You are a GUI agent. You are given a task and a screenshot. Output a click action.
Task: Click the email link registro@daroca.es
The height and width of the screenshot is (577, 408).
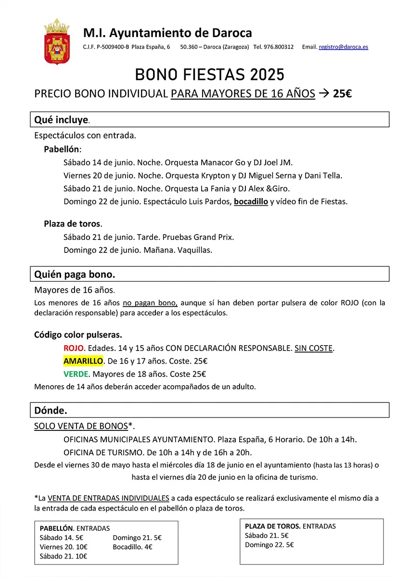click(343, 47)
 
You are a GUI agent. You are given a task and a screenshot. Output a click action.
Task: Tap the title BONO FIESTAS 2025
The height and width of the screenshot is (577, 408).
click(209, 75)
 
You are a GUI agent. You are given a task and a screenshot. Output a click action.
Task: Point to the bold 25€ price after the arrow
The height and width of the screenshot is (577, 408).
click(342, 94)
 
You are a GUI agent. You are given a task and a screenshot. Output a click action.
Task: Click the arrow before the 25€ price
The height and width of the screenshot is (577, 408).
click(324, 94)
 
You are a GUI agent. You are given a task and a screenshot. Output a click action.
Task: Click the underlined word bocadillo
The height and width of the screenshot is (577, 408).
click(251, 201)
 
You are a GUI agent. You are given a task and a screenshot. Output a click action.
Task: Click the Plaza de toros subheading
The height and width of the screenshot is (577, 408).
click(72, 224)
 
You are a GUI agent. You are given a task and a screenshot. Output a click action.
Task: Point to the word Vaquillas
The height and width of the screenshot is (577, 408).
click(195, 250)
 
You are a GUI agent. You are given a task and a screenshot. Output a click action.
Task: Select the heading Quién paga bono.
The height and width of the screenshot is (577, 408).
click(75, 274)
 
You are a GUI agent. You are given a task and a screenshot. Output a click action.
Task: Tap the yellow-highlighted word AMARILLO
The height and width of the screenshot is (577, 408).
click(83, 361)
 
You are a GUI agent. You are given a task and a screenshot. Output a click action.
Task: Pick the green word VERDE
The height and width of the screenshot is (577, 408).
click(76, 374)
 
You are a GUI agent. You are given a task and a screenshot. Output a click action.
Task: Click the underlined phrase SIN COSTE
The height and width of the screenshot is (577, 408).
click(313, 348)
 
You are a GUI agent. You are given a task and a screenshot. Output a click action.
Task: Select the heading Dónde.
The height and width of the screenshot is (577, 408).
click(51, 410)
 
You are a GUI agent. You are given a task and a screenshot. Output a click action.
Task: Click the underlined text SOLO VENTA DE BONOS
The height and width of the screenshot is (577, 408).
click(81, 426)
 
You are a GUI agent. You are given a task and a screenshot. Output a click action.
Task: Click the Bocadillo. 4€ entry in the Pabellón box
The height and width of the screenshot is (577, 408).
click(132, 547)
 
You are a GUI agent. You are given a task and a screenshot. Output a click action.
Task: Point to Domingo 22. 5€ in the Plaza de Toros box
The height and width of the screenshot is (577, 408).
click(269, 545)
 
